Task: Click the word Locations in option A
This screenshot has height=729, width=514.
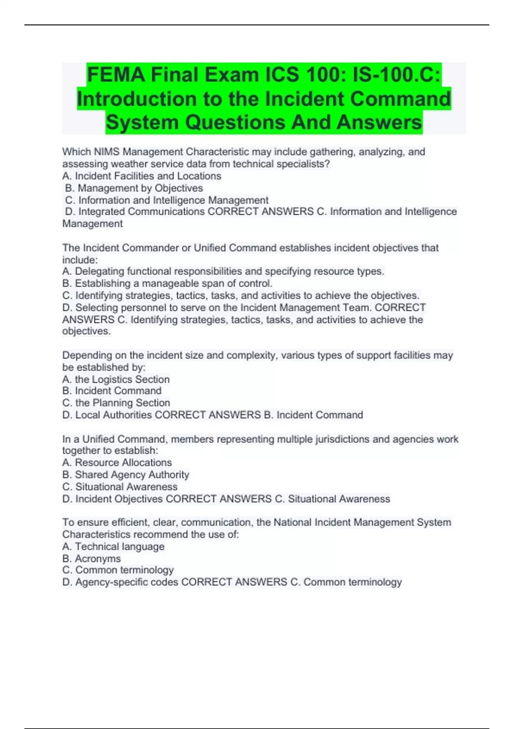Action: tap(199, 176)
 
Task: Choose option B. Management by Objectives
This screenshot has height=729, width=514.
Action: tap(134, 188)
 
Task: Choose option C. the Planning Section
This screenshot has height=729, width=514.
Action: tap(116, 403)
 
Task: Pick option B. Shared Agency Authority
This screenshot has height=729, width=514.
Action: tap(126, 475)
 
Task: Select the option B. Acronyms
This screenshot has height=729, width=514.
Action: tap(92, 559)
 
